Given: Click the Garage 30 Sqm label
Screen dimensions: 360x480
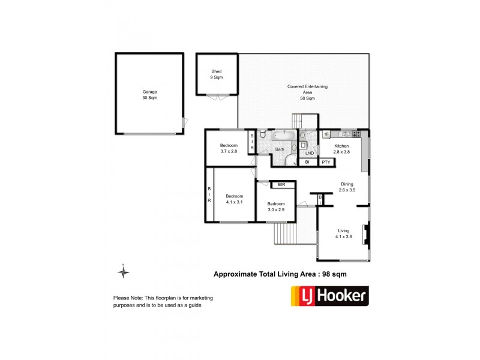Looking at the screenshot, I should (x=150, y=95).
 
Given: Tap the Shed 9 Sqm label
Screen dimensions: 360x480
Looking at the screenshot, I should (x=216, y=74).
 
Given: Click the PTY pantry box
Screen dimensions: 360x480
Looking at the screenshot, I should (x=326, y=162).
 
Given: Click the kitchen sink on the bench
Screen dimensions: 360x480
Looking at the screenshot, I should (x=346, y=133).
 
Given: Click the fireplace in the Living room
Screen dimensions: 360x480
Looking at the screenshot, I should (x=367, y=234).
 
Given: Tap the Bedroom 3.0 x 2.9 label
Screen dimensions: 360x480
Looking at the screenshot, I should (x=279, y=207).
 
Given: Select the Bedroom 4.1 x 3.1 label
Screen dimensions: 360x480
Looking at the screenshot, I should (x=234, y=199).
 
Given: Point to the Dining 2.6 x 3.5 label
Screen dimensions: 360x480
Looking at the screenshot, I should (x=347, y=187).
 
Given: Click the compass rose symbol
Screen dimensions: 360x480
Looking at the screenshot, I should (x=123, y=272).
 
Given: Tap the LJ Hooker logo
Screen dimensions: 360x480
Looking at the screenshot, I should (x=329, y=296).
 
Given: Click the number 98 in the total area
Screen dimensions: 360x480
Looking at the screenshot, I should (x=324, y=274).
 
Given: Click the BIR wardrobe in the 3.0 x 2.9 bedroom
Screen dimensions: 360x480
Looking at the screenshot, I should (x=281, y=185).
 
